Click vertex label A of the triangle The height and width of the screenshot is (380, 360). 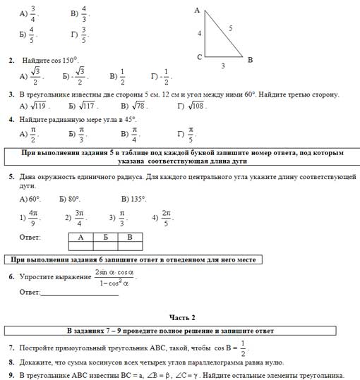[197, 9]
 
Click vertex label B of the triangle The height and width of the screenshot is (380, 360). [251, 60]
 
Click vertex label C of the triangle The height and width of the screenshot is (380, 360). [199, 56]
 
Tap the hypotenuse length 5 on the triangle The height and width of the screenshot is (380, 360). [230, 28]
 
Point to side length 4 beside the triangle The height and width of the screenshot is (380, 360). [200, 33]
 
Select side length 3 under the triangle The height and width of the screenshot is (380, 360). [224, 66]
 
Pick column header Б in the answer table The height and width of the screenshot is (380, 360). [105, 238]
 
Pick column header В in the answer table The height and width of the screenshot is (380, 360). [129, 238]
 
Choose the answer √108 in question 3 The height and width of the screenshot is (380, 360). [194, 106]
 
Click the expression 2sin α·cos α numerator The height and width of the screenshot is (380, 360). [114, 271]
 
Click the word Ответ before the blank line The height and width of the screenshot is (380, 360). [30, 291]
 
